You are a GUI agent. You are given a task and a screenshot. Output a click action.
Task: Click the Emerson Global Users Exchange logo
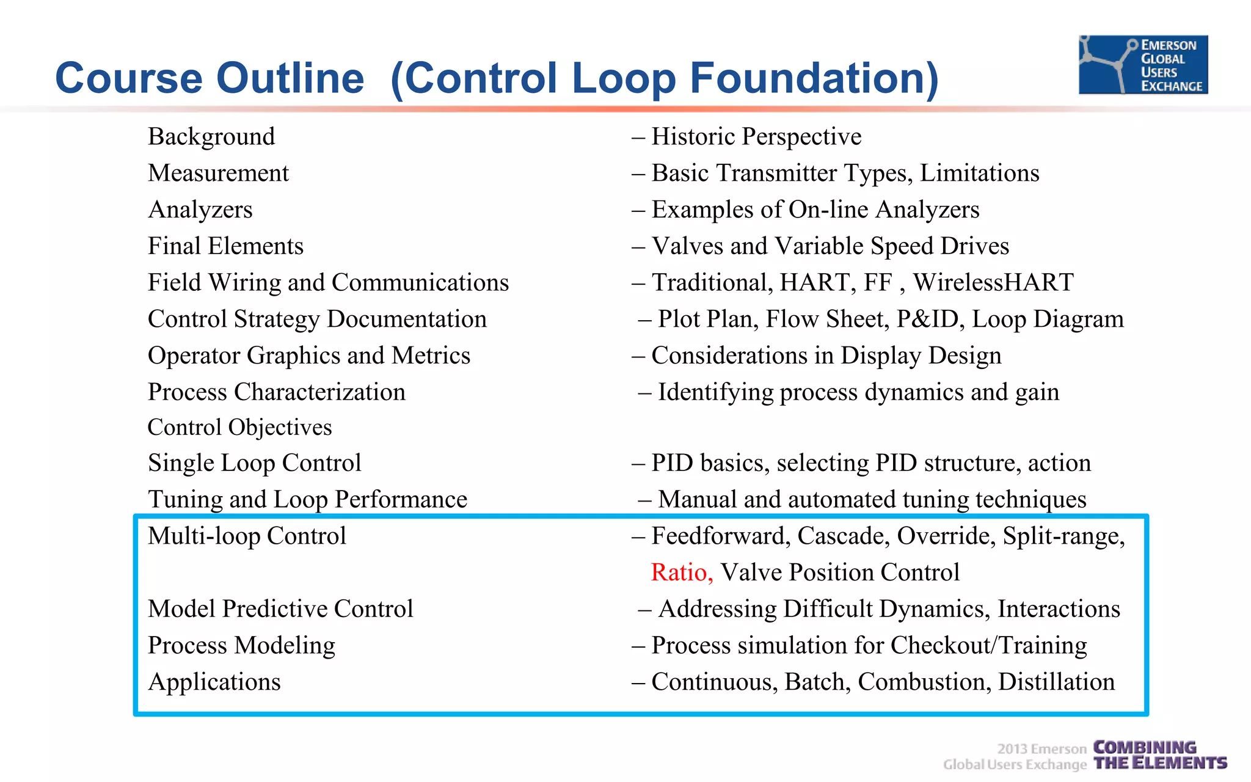(1143, 65)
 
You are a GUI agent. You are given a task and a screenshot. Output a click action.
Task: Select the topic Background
(211, 137)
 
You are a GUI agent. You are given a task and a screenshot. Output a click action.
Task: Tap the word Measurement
(218, 174)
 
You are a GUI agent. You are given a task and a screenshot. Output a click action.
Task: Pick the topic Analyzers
(200, 210)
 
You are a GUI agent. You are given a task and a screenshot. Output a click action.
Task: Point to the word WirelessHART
(993, 283)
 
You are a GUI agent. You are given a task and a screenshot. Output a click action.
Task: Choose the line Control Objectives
(239, 427)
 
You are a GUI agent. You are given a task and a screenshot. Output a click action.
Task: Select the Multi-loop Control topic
(247, 536)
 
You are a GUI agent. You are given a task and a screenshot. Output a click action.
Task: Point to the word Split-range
(1063, 536)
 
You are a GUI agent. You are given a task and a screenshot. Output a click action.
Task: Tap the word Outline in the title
(290, 78)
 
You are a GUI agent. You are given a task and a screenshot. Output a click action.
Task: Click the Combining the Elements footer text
(1159, 756)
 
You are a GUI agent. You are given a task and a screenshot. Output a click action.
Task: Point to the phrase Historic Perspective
(756, 137)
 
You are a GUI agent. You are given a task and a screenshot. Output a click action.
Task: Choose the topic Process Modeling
(241, 646)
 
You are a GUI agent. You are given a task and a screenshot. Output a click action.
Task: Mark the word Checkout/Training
(988, 646)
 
